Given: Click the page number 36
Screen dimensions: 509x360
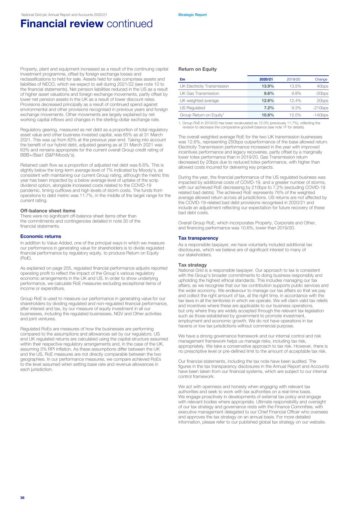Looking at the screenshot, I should [x=22, y=498].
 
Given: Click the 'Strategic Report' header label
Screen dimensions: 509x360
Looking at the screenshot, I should [x=192, y=15].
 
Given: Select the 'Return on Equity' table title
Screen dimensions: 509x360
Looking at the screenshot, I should [x=197, y=69].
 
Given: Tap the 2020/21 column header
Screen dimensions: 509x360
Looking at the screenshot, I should [x=266, y=79].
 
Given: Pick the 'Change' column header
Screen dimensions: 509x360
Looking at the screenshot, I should [x=321, y=79].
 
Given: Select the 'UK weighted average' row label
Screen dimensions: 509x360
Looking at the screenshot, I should [x=199, y=101].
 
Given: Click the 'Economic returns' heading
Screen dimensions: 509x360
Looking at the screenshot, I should [x=41, y=236].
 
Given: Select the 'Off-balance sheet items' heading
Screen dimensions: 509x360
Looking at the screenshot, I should [x=48, y=211].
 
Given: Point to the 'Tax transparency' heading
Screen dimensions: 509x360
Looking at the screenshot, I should [x=198, y=238].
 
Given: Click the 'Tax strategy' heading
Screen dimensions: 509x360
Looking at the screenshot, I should [x=192, y=265].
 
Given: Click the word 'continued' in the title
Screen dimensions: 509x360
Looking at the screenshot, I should [x=129, y=24].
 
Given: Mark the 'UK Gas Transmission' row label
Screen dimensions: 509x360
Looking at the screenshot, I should [x=199, y=94].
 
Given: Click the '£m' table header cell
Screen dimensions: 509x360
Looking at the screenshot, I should [x=182, y=79].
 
